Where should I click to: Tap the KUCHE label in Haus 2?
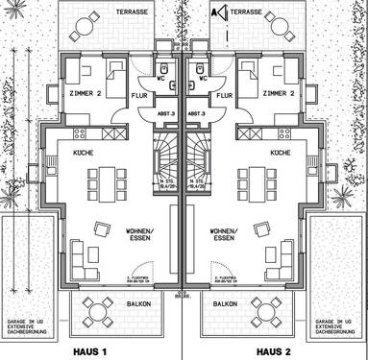280,154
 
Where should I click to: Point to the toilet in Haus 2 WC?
203,70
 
